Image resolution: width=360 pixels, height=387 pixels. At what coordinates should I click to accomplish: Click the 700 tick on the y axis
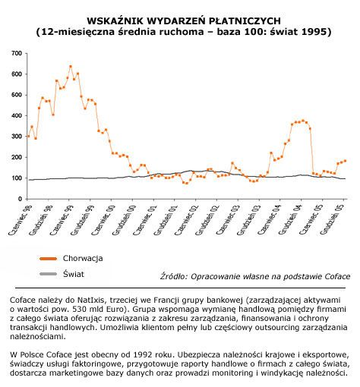[17, 53]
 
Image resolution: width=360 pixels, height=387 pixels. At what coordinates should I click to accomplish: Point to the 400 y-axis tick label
[17, 115]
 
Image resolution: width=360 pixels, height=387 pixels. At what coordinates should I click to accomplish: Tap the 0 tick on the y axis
[20, 199]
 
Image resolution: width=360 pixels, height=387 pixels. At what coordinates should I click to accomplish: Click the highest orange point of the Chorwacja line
[71, 67]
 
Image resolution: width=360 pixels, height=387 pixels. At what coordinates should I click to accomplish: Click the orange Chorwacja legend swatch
[48, 259]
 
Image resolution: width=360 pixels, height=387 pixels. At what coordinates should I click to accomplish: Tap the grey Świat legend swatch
[48, 274]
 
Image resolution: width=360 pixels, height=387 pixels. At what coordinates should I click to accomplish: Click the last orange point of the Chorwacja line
[345, 161]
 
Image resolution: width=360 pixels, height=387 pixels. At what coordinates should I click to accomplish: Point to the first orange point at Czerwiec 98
[28, 136]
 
